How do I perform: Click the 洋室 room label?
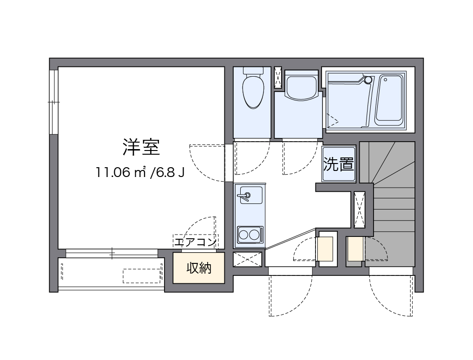pyautogui.click(x=141, y=147)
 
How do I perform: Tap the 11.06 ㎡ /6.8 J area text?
pyautogui.click(x=141, y=173)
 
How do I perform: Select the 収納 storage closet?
pyautogui.click(x=199, y=268)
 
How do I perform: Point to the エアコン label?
pyautogui.click(x=195, y=242)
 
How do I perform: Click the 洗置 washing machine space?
pyautogui.click(x=339, y=164)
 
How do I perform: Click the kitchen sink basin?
pyautogui.click(x=245, y=196)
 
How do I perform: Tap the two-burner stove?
pyautogui.click(x=250, y=234)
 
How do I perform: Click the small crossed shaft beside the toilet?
pyautogui.click(x=278, y=78)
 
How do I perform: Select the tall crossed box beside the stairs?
pyautogui.click(x=360, y=209)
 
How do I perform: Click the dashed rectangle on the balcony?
pyautogui.click(x=142, y=275)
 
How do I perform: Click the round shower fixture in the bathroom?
pyautogui.click(x=368, y=80)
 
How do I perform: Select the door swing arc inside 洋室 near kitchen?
pyautogui.click(x=204, y=163)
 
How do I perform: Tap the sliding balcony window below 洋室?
pyautogui.click(x=112, y=253)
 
